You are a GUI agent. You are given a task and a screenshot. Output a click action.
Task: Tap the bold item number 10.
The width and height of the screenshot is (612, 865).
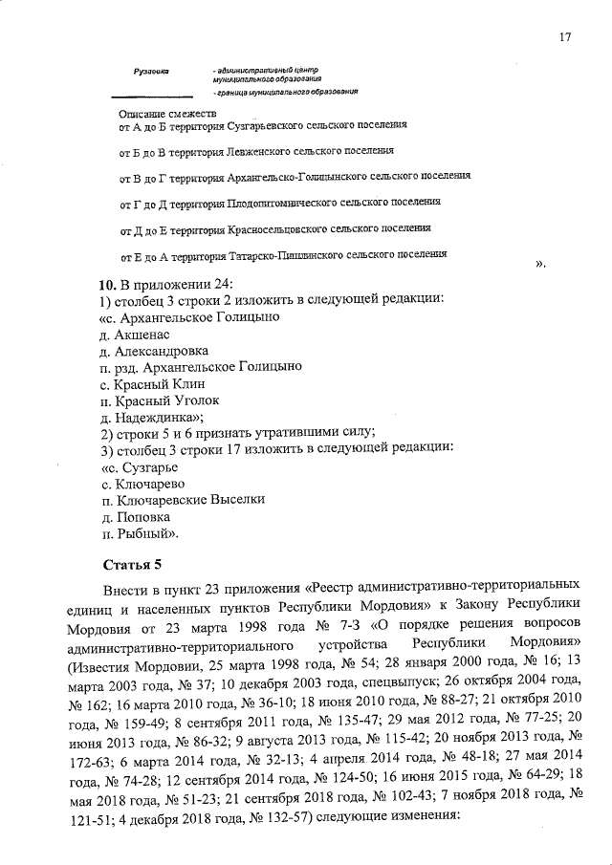pos(108,284)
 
